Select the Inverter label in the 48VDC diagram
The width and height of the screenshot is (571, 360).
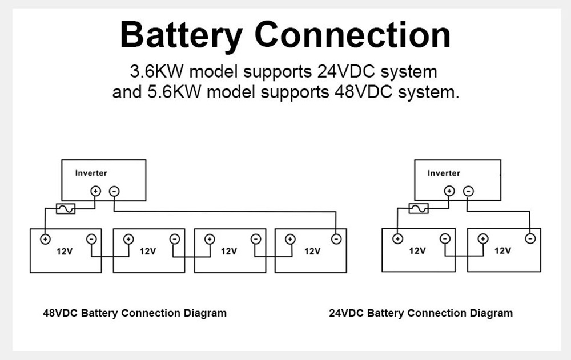pos(91,173)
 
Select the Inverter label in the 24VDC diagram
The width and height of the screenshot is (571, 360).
pos(444,173)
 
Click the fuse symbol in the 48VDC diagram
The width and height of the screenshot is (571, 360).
pos(66,209)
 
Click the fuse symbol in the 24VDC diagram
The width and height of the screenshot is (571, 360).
pos(419,209)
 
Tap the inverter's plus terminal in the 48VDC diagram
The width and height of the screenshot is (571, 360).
pos(96,192)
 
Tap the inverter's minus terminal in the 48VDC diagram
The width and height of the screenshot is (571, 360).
pos(114,192)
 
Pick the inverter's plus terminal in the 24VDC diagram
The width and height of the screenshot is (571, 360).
pos(449,191)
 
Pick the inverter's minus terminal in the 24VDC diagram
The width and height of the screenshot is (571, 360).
pos(468,191)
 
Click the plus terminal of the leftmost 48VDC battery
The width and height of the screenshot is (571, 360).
pos(45,239)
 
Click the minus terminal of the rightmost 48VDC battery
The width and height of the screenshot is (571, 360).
pos(337,239)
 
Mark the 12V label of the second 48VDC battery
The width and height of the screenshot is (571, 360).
pos(147,251)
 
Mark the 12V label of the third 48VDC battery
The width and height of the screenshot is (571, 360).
pos(228,251)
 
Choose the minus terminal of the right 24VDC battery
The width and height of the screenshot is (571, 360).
pos(530,238)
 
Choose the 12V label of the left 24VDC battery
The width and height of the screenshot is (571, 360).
pos(417,251)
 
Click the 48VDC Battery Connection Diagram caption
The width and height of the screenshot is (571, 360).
pos(135,313)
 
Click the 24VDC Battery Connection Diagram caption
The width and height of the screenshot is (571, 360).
pos(421,313)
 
